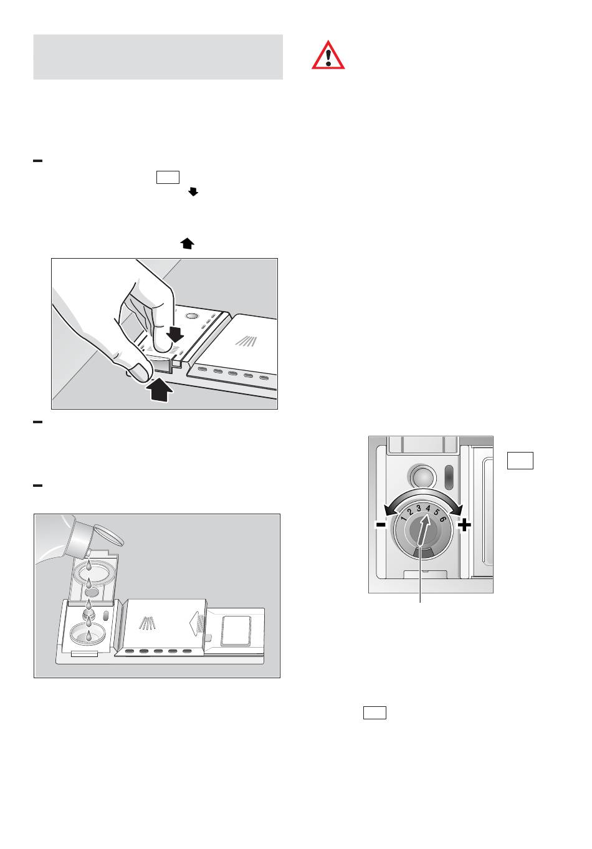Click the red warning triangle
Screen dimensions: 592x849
click(328, 55)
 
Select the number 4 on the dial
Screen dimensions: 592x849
click(428, 509)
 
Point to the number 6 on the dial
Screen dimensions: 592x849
click(442, 519)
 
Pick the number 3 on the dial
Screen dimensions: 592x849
click(419, 508)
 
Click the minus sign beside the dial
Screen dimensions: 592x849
click(381, 525)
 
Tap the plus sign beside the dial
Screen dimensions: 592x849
click(465, 525)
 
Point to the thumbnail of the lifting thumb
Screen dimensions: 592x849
click(138, 372)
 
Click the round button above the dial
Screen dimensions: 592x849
click(420, 475)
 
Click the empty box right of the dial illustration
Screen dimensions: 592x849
click(520, 461)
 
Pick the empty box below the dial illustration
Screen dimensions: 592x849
click(375, 712)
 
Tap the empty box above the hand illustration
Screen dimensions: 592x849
click(168, 178)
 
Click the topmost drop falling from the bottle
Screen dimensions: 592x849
click(88, 565)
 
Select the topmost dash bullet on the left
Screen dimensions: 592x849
click(37, 161)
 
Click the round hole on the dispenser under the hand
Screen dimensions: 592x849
click(192, 316)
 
